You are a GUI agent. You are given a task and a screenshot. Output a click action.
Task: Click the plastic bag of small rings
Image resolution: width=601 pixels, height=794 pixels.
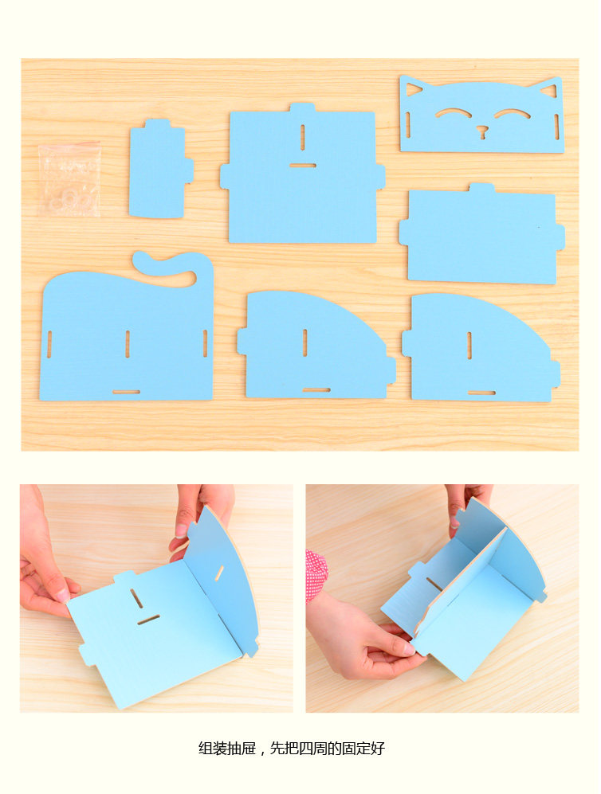pos(69,179)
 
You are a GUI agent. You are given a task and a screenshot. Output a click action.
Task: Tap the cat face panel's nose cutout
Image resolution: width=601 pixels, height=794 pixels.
pos(482,132)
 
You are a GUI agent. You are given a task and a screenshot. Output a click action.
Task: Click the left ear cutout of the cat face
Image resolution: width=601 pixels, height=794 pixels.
pos(413,90)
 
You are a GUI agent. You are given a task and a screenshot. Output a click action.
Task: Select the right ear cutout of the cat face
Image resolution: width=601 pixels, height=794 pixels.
pos(548,91)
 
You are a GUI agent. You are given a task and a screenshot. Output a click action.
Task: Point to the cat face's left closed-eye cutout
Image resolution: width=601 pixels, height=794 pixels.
pos(453,112)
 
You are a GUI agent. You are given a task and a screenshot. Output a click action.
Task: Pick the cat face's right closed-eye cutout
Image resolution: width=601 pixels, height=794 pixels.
pos(513,113)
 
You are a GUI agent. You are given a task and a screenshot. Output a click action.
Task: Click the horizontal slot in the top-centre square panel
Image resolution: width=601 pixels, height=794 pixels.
pos(303,166)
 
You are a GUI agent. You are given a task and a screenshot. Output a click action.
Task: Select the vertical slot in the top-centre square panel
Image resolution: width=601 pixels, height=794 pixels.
pos(303,137)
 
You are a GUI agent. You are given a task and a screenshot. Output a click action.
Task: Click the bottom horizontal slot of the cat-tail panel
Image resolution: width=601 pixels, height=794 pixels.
pos(126,392)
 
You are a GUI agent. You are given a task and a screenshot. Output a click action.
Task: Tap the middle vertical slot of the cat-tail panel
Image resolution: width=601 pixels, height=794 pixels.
pos(128,344)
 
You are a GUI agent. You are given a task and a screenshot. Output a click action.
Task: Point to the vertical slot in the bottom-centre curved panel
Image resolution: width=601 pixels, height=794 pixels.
pos(304,342)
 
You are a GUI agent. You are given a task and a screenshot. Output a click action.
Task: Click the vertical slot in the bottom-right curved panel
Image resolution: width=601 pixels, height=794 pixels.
pos(469,346)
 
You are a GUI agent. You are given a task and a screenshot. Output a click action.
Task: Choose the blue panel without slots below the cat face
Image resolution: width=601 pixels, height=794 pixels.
pos(481,233)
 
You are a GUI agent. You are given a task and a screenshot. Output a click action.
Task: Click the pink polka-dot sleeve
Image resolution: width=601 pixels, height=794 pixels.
pos(316,575)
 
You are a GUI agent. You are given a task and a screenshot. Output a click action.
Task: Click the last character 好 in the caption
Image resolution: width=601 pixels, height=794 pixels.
pos(378,748)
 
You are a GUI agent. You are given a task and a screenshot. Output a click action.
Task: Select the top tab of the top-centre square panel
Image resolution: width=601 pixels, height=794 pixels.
pos(303,108)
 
